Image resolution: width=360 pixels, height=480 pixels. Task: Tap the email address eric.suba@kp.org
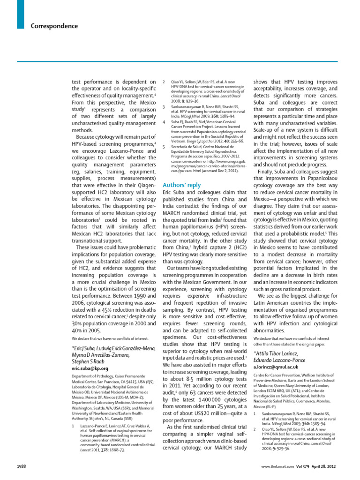pos(90,368)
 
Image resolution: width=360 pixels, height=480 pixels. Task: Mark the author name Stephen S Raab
pos(93,361)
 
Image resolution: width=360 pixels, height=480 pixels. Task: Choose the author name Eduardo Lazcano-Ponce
pos(280,360)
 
